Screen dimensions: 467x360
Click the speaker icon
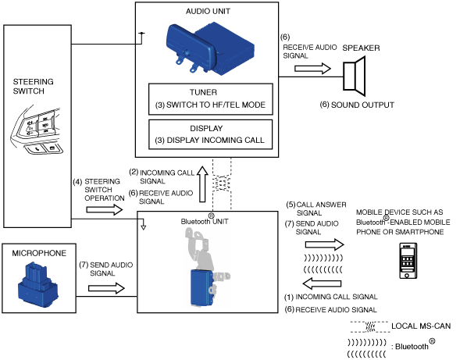coord(355,76)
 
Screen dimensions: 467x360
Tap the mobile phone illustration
coord(408,261)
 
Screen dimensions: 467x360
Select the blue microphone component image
coord(38,284)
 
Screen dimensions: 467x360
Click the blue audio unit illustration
coord(210,48)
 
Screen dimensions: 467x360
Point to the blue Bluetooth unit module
coord(201,288)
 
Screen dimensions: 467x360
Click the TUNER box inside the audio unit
coord(211,99)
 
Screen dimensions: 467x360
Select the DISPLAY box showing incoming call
coord(210,134)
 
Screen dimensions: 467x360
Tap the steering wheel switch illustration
coord(37,130)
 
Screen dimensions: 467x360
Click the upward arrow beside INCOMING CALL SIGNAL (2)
coord(202,184)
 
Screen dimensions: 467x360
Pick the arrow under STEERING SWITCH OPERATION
coord(104,210)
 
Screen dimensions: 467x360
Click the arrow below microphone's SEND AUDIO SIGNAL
coord(106,288)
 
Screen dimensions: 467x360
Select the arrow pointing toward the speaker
coord(312,69)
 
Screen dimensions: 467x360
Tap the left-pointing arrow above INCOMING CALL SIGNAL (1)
coord(322,283)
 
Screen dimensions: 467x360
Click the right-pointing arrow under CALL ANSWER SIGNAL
coord(325,244)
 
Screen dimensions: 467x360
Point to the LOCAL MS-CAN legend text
coord(421,326)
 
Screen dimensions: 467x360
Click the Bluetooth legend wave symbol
coord(366,348)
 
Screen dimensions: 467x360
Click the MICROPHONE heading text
coord(39,253)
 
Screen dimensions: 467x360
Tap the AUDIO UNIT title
coord(208,11)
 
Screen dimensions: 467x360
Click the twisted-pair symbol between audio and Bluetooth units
coord(222,183)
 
